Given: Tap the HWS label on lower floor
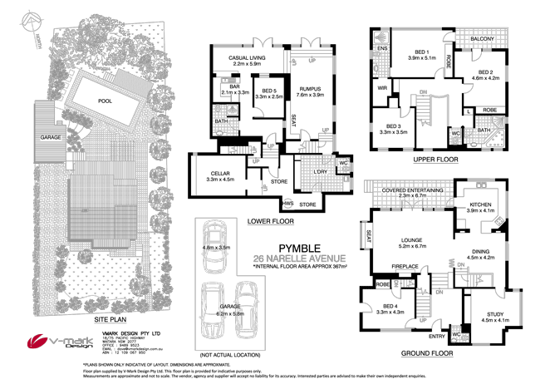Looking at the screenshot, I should click(288, 202).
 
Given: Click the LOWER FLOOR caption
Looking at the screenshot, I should click(268, 222).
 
